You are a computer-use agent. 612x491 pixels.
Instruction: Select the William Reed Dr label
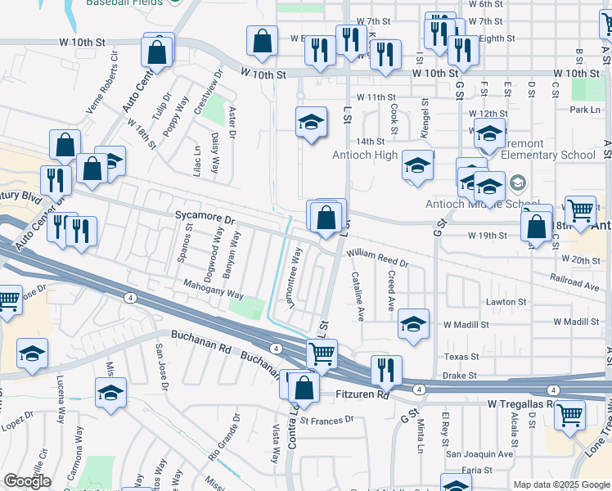pos(378,257)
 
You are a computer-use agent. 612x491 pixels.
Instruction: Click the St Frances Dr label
pos(326,420)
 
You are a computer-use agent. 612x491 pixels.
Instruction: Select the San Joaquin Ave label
pos(479,453)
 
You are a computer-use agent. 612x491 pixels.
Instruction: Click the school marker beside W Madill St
pos(414,324)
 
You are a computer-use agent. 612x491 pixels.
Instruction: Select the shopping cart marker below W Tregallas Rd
pos(569,414)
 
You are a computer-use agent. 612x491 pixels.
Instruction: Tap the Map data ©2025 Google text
pos(562,484)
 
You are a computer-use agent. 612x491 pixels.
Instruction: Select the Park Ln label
pos(585,110)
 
